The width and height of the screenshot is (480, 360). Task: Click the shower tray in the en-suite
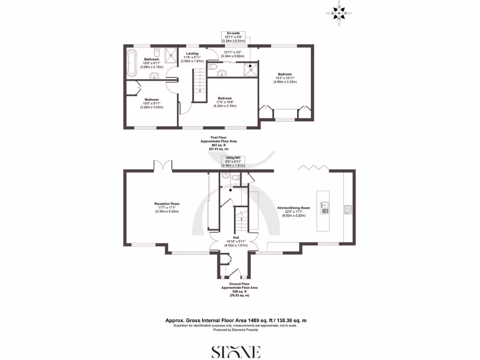pos(250,70)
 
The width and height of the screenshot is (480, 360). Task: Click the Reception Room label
pos(167,207)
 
